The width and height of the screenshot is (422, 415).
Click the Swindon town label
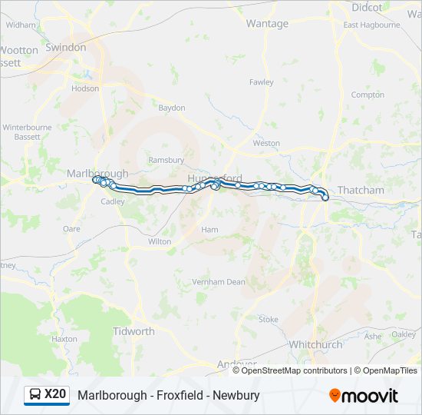[65, 47]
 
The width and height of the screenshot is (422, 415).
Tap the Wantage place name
[267, 24]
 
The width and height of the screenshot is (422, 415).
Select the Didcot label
[366, 8]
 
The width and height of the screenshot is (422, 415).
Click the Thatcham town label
[361, 190]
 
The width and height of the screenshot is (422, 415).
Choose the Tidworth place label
[134, 331]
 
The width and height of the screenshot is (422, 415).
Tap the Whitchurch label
[316, 345]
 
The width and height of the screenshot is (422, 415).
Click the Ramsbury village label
[166, 160]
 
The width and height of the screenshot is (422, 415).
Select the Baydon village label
[172, 108]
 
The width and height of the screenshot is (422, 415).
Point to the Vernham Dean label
[219, 282]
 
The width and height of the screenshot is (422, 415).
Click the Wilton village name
[160, 241]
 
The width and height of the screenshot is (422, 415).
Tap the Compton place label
[368, 95]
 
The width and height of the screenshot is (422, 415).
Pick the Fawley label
[261, 81]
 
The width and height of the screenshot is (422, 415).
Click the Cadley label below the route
[113, 201]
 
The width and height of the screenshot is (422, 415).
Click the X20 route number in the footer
[55, 394]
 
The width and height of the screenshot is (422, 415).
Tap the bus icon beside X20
[35, 395]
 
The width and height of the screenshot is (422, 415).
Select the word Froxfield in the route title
[181, 395]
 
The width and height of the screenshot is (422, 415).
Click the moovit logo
[364, 396]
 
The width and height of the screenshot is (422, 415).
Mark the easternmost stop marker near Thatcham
[325, 198]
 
